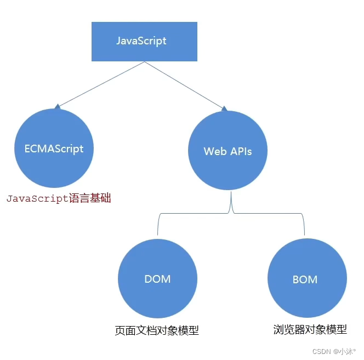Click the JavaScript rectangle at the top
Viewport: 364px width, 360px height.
point(144,41)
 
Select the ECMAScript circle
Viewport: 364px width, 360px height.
point(54,148)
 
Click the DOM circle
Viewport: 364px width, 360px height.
point(157,278)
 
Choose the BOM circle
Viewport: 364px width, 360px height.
point(305,279)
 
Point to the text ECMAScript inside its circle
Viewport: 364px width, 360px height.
point(54,148)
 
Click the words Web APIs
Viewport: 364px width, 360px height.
point(228,151)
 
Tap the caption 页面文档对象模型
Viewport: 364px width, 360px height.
point(157,330)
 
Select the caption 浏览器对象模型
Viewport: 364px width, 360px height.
point(310,329)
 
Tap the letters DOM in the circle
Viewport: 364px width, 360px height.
point(157,278)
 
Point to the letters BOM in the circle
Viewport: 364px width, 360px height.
point(305,279)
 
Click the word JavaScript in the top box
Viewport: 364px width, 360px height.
point(141,41)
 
